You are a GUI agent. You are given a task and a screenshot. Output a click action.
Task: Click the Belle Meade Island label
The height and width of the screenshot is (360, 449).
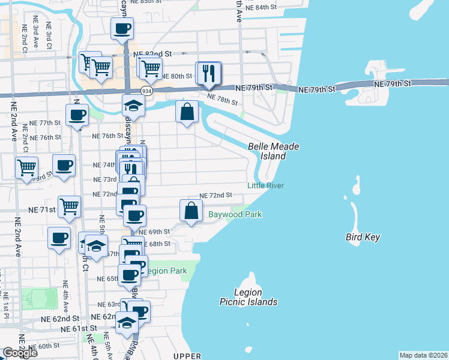(274, 151)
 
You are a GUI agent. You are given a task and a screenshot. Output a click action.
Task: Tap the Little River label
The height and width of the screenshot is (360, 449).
(265, 186)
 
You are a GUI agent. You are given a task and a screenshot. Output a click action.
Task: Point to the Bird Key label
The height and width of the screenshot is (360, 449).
(363, 237)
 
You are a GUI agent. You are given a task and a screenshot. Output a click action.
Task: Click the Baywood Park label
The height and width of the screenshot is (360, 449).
(235, 214)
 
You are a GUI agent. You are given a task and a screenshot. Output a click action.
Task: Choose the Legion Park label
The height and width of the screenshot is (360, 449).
(167, 271)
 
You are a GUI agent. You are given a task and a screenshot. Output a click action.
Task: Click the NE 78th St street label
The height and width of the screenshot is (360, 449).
(221, 100)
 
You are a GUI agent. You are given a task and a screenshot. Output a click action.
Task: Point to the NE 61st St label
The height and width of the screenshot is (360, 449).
(79, 329)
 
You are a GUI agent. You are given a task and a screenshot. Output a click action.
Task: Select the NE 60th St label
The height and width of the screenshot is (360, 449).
(44, 346)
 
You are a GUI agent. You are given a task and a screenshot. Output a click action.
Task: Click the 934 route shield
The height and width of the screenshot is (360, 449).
(146, 91)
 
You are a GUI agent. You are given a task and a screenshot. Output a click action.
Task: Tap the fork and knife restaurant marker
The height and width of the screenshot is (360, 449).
(209, 74)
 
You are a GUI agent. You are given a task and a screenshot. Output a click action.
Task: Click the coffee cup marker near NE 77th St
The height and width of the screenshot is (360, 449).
(77, 115)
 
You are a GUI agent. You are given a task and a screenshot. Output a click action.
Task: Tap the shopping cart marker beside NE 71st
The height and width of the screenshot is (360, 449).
(70, 207)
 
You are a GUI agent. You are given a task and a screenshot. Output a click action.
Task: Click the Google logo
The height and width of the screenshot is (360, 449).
(20, 353)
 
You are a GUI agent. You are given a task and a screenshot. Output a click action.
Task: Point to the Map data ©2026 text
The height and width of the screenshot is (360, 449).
(424, 355)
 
